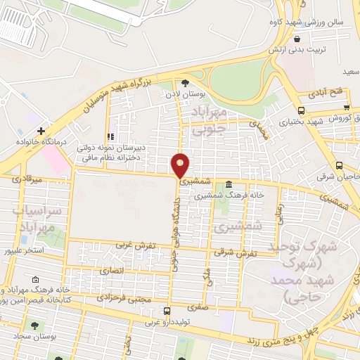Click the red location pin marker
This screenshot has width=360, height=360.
(x=181, y=165)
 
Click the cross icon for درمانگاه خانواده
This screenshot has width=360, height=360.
(x=42, y=131)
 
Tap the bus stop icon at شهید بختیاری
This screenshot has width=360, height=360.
(x=301, y=110)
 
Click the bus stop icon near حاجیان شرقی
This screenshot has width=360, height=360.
(x=340, y=166)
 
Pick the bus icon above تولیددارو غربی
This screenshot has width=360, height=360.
(x=166, y=311)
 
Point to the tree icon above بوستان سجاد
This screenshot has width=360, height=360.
(x=34, y=326)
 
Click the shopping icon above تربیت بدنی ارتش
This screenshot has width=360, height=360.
(x=298, y=39)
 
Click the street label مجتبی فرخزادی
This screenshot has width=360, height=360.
(x=131, y=298)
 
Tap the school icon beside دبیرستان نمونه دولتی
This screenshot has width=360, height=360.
(x=109, y=136)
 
